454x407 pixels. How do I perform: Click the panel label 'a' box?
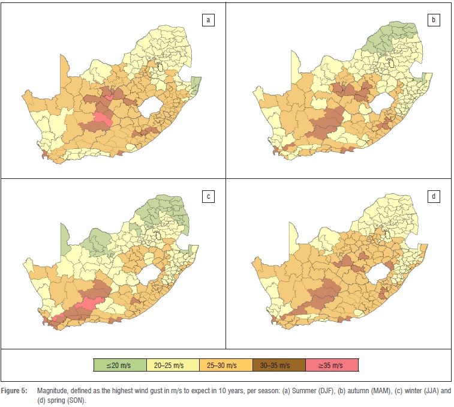[x=208, y=20]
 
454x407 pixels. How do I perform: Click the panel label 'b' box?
[x=434, y=20]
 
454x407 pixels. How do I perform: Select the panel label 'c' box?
[x=208, y=196]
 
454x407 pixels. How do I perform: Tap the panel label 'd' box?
[x=434, y=196]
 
